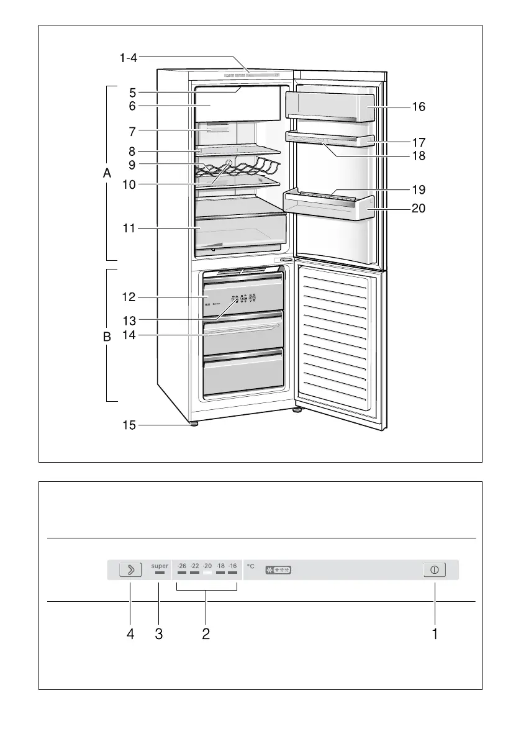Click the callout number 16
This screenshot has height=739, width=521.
pyautogui.click(x=419, y=107)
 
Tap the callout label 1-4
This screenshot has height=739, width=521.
pyautogui.click(x=129, y=58)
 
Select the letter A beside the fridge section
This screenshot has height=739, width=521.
pyautogui.click(x=107, y=175)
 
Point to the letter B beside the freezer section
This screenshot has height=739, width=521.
pyautogui.click(x=107, y=337)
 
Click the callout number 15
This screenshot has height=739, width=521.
pyautogui.click(x=129, y=426)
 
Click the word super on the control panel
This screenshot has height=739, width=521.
pyautogui.click(x=160, y=566)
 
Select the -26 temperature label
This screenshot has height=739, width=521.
pyautogui.click(x=181, y=566)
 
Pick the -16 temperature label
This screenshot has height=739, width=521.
pyautogui.click(x=232, y=566)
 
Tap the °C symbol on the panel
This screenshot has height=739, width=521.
pyautogui.click(x=251, y=566)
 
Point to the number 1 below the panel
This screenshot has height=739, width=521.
pyautogui.click(x=435, y=634)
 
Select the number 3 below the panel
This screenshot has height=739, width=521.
pyautogui.click(x=159, y=634)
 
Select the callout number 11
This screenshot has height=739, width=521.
pyautogui.click(x=129, y=229)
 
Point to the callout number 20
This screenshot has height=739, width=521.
pyautogui.click(x=419, y=209)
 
